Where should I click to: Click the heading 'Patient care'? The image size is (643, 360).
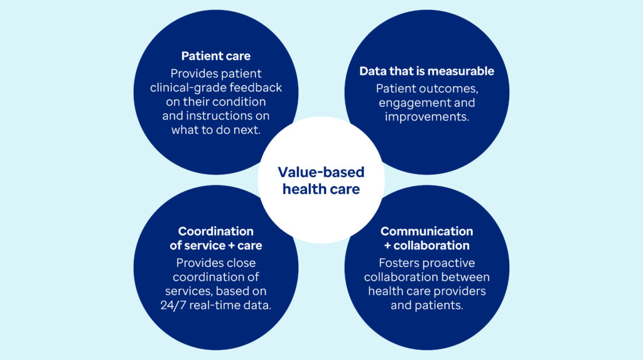(x=216, y=56)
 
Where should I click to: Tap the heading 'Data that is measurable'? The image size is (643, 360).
(x=426, y=71)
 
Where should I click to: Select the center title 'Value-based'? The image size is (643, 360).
(x=321, y=172)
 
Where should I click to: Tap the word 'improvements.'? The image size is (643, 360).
(x=426, y=117)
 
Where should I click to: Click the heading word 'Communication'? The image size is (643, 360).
(x=426, y=231)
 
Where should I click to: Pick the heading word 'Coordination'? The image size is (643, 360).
(x=216, y=231)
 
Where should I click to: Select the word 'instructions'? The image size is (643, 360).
(x=219, y=116)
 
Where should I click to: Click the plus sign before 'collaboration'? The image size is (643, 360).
(x=387, y=246)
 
